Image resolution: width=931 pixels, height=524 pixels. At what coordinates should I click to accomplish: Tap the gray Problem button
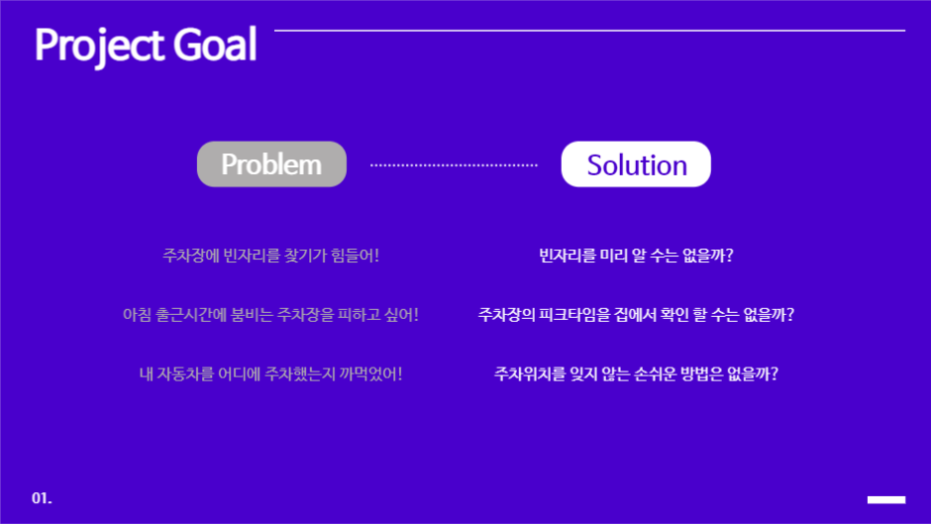point(271,164)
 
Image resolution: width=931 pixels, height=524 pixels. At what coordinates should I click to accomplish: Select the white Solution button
point(636,164)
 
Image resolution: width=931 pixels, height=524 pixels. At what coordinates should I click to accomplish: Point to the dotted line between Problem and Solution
point(454,165)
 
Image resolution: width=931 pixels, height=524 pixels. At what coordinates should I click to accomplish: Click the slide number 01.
point(42,497)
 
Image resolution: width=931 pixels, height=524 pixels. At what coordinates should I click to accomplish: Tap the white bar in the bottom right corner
point(885,499)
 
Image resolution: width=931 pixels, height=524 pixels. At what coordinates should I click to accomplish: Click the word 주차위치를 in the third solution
point(529,374)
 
